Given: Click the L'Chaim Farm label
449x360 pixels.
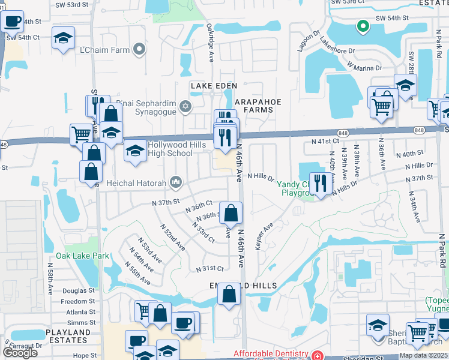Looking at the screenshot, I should point(104,50).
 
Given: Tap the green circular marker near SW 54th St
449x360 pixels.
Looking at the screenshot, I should point(362,26).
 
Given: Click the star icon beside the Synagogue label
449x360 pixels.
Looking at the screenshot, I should point(185,107).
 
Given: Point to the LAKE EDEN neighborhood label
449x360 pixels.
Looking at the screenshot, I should point(214,86).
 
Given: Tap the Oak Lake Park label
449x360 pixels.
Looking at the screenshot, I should point(83,256).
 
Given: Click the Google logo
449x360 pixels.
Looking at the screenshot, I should point(20,352).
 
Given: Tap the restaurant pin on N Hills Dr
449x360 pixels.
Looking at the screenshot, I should point(321,182).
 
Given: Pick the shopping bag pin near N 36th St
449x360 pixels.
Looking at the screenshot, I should point(231,212).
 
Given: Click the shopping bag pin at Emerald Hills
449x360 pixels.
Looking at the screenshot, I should point(229,294).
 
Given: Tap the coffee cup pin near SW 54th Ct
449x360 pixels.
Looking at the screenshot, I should point(12,22).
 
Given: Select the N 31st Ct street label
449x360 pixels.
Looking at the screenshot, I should point(212,268).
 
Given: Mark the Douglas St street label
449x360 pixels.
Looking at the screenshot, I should point(78,290).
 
